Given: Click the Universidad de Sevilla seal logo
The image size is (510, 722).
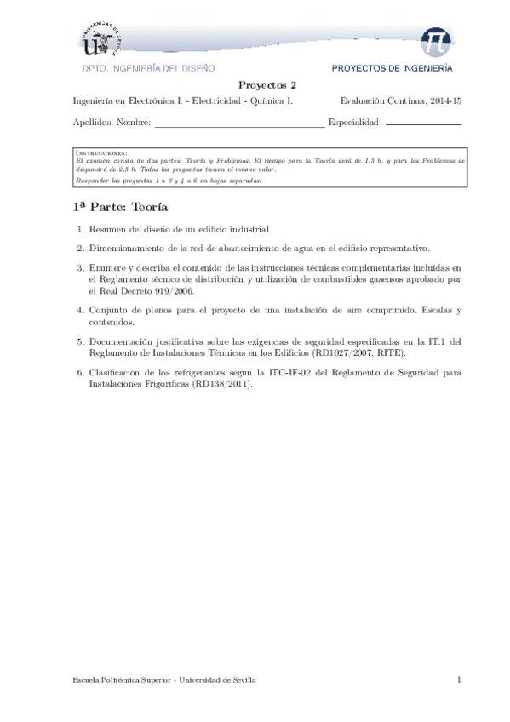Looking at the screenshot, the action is pos(106,40).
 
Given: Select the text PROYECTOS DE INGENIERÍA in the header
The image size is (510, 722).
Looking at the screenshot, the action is pos(392,67).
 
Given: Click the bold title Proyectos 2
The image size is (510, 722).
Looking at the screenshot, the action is pos(266,85).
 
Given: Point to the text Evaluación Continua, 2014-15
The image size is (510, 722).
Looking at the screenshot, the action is pos(400,101).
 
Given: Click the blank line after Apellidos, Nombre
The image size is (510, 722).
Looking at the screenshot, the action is pos(239,123).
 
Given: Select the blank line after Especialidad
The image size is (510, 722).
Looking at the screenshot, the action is pos(424,123).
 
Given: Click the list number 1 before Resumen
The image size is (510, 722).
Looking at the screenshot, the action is pos(79,230).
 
